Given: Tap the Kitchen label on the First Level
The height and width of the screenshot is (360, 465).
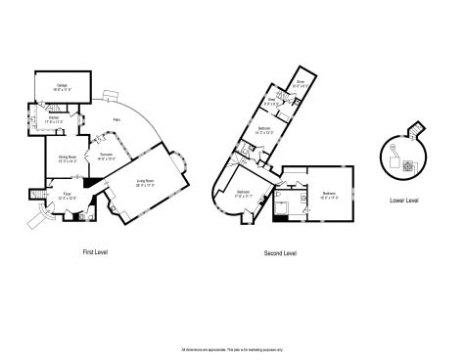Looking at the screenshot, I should [x=51, y=119].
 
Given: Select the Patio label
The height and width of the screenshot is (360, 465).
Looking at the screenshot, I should [x=128, y=118].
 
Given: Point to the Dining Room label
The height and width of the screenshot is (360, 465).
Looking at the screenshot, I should [x=68, y=158].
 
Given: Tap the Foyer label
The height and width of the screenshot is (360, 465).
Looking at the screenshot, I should [x=69, y=197].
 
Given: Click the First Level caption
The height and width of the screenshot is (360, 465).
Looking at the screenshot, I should [x=95, y=252].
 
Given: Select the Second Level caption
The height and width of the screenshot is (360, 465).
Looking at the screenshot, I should [x=280, y=253].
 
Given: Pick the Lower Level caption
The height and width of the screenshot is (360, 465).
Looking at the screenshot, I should [x=403, y=200].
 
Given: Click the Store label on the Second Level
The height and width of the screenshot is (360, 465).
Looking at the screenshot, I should [x=301, y=84].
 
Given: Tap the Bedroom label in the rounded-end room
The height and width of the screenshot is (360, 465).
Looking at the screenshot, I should [x=243, y=193].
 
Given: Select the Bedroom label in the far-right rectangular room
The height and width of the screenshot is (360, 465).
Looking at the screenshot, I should [x=329, y=195].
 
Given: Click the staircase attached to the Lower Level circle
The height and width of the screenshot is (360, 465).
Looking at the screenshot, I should [x=418, y=131].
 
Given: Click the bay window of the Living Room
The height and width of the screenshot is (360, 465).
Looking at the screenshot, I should [x=181, y=158].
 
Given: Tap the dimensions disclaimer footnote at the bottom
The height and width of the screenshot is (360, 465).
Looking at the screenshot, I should [x=232, y=348].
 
